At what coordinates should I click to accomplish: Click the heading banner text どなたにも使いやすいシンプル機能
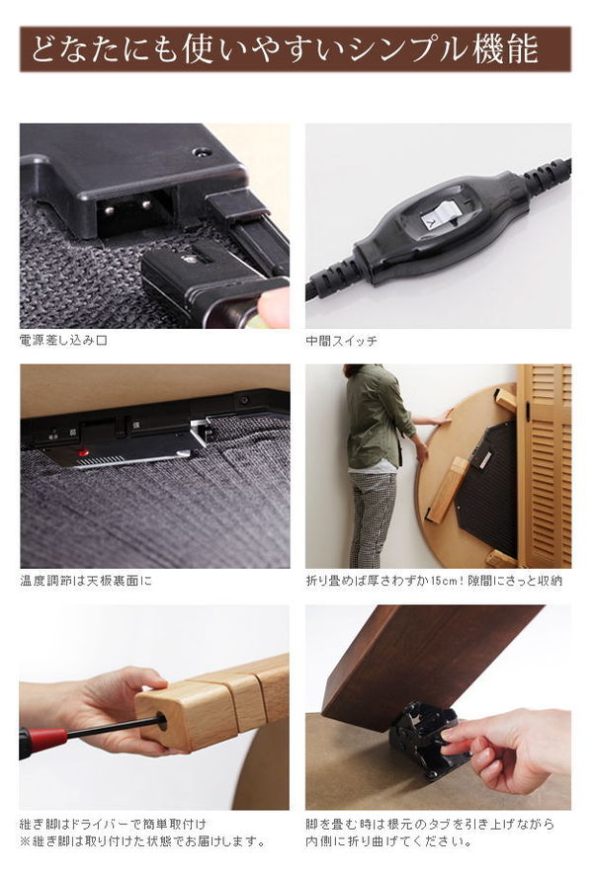tap(285, 49)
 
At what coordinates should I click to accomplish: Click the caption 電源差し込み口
tap(63, 341)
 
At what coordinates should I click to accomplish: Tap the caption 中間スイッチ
tap(341, 341)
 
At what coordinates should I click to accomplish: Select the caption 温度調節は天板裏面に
tap(86, 581)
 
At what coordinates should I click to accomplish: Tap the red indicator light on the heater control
tap(82, 453)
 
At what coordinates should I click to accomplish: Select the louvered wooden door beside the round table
tap(546, 465)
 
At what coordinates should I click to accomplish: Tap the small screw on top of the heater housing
tap(201, 152)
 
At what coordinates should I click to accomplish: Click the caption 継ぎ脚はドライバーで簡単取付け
tap(113, 824)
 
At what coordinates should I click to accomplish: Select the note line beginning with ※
tap(142, 841)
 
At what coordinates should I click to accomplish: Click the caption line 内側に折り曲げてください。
tap(388, 841)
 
